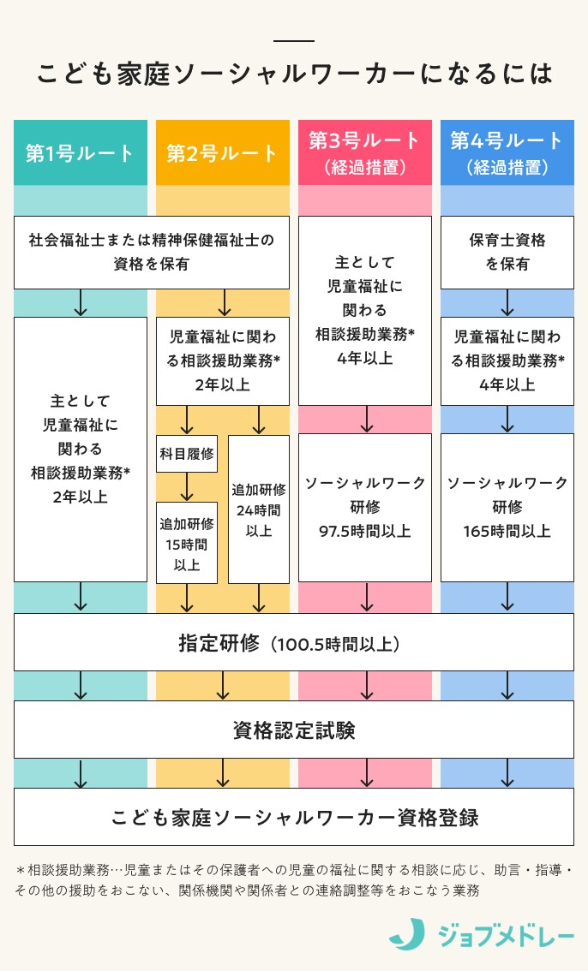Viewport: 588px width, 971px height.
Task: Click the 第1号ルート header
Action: click(81, 152)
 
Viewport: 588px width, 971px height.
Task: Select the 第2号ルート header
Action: click(223, 152)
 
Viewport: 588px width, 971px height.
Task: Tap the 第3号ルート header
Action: click(365, 152)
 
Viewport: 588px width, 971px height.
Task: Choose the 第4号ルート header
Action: click(507, 152)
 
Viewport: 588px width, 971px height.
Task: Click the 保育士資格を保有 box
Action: click(507, 252)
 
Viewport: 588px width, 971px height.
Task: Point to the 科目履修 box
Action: click(187, 454)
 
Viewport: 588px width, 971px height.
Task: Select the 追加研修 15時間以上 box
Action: click(187, 543)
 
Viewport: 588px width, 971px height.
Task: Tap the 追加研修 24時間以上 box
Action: click(259, 509)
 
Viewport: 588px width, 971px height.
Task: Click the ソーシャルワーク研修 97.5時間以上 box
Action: click(365, 507)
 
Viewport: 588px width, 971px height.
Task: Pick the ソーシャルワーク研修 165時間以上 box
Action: click(507, 507)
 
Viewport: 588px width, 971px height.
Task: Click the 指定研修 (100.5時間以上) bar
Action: click(294, 642)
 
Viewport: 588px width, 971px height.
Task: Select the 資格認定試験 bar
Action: click(294, 730)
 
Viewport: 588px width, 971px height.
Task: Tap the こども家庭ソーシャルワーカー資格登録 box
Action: click(294, 817)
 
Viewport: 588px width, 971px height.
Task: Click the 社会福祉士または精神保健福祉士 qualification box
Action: click(152, 252)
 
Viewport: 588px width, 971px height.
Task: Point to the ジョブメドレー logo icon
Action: click(406, 934)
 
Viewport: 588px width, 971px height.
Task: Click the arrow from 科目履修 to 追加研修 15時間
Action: click(187, 487)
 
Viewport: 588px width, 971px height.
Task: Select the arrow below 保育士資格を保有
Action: click(507, 302)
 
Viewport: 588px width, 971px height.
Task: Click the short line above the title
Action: click(294, 41)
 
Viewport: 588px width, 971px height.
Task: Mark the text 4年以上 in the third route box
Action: click(365, 359)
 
